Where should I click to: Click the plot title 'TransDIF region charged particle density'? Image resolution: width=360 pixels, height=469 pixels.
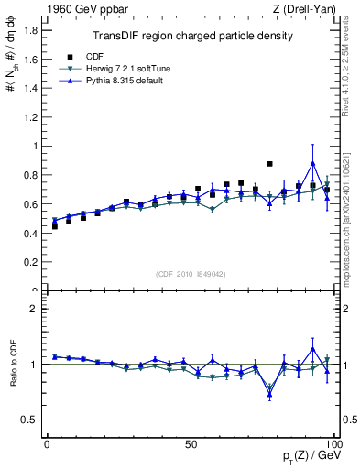pyautogui.click(x=192, y=36)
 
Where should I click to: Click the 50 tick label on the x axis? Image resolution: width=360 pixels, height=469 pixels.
pyautogui.click(x=191, y=444)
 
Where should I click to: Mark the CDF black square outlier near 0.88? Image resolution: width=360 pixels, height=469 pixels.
pyautogui.click(x=269, y=164)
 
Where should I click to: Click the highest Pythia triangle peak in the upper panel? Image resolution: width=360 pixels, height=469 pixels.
pyautogui.click(x=313, y=164)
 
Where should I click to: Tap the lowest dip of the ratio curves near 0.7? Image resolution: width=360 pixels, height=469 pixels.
pyautogui.click(x=269, y=395)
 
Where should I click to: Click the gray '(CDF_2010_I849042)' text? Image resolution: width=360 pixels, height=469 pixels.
pyautogui.click(x=191, y=273)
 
